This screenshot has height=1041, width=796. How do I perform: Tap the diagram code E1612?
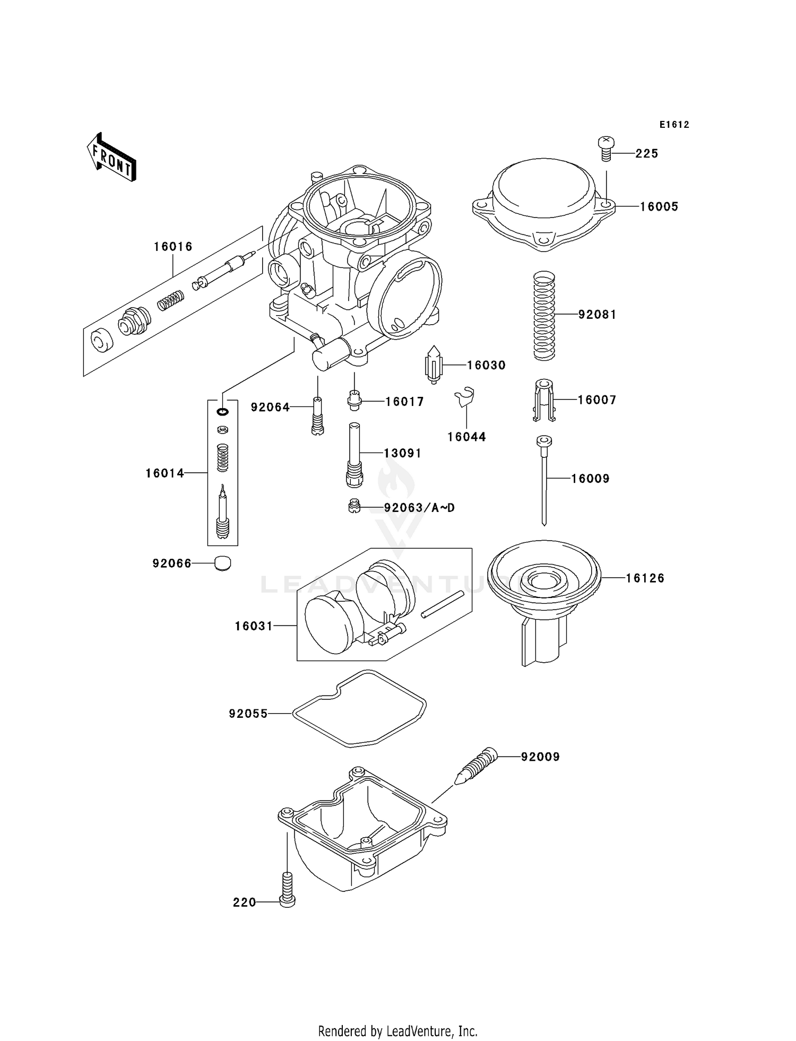tap(674, 125)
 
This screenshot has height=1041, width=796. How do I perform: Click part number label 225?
tap(646, 153)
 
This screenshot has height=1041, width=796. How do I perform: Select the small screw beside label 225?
tap(605, 149)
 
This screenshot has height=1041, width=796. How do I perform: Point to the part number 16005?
tap(659, 206)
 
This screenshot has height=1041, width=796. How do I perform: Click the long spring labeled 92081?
tap(543, 316)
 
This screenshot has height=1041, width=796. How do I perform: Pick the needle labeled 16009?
tap(544, 478)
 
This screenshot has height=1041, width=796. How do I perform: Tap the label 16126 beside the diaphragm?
tap(645, 578)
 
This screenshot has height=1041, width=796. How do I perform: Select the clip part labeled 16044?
tap(465, 397)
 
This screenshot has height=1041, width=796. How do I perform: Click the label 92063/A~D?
tap(419, 508)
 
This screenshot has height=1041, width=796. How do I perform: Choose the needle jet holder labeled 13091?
tap(354, 455)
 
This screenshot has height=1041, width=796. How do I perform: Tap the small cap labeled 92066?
tap(223, 563)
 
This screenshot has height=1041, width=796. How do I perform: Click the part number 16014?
tap(165, 473)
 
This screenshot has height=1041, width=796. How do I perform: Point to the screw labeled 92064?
tap(317, 417)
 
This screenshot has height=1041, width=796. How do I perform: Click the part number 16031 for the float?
tap(254, 626)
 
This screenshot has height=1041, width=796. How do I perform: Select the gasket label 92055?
tap(248, 714)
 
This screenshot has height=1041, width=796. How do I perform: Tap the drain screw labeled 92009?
tap(475, 765)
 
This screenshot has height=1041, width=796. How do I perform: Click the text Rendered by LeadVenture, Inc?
tap(397, 1031)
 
